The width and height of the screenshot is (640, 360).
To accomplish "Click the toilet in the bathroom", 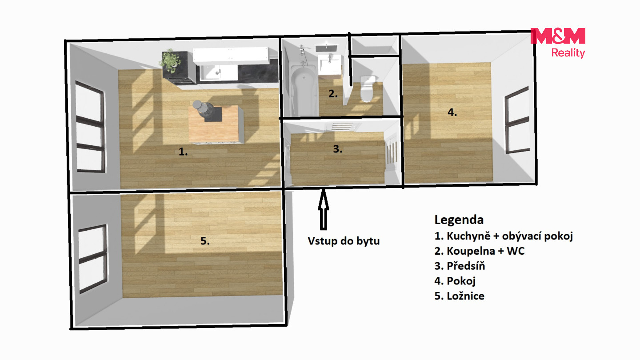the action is click(368, 88).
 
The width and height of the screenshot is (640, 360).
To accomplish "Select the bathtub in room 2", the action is click(303, 90).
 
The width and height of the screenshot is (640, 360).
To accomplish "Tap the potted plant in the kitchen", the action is click(170, 61).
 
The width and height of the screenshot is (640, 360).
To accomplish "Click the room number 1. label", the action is click(183, 152).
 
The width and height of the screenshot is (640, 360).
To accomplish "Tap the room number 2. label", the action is click(333, 93).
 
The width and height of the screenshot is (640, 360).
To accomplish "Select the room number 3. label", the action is click(338, 148).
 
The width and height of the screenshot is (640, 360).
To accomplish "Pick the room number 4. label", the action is click(452, 112).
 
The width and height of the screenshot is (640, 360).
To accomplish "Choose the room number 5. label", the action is click(205, 241).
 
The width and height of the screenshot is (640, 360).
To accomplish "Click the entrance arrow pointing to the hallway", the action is click(323, 209).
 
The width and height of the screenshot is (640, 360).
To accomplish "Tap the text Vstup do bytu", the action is click(344, 241).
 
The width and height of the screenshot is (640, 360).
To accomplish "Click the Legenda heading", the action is click(459, 220).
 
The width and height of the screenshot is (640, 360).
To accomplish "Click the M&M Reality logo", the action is click(558, 43).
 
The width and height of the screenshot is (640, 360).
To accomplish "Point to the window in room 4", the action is click(517, 120).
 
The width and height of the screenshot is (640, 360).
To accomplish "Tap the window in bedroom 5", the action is click(93, 259).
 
